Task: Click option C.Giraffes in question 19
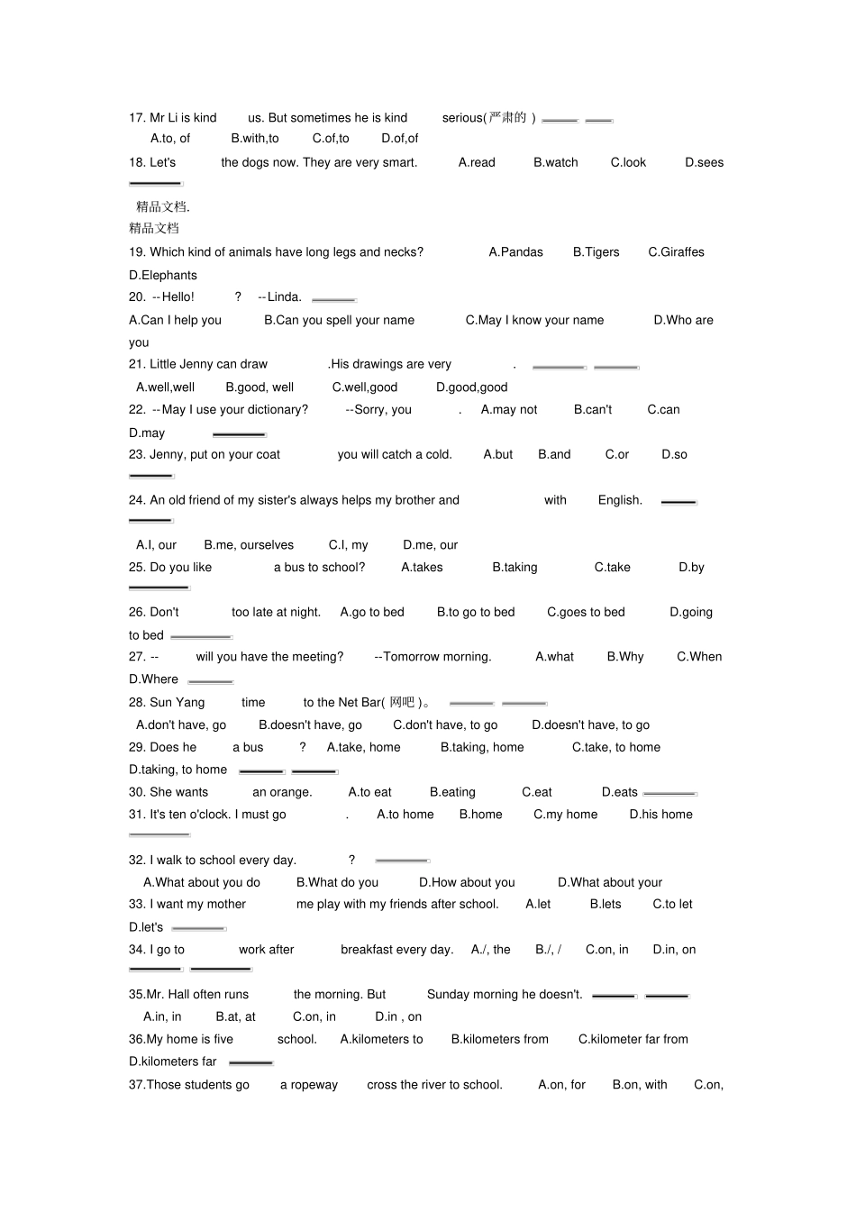point(676,252)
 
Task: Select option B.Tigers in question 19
point(596,252)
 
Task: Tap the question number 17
point(137,118)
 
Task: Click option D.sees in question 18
point(704,163)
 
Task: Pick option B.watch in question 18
point(555,163)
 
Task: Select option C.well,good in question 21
point(364,387)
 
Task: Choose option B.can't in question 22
point(592,410)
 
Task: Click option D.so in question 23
point(674,455)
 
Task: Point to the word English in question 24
point(620,500)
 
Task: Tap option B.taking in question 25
point(515,568)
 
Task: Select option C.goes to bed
point(586,613)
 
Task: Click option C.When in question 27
point(699,657)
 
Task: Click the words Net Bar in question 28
point(360,703)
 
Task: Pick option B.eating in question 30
point(452,793)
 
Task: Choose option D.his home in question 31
point(660,815)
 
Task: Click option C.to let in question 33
point(672,905)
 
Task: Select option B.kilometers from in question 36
point(499,1040)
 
